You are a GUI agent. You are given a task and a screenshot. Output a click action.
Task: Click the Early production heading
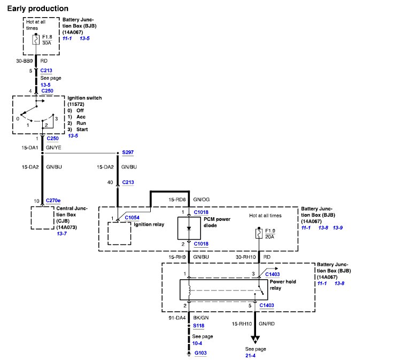click(37, 9)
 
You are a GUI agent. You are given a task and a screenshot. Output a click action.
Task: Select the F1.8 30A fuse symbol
click(36, 40)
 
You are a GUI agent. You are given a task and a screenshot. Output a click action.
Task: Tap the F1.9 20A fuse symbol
click(259, 234)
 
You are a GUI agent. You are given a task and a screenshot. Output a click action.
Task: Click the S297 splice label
click(128, 152)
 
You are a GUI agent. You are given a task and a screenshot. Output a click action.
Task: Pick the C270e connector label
click(53, 201)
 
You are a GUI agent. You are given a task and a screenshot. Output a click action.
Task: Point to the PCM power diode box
click(189, 228)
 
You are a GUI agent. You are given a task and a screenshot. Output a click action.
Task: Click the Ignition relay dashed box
click(119, 234)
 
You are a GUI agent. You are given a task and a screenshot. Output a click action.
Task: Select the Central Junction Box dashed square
click(43, 218)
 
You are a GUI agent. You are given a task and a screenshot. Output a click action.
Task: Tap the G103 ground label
click(200, 353)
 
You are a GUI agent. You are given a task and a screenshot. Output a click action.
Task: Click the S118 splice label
click(199, 326)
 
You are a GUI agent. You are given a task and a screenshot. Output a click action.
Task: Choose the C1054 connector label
click(132, 218)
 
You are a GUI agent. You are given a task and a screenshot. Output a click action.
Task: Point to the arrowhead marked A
click(256, 340)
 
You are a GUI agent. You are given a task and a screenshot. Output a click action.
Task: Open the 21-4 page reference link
click(251, 355)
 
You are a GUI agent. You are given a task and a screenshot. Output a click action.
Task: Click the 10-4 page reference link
click(197, 343)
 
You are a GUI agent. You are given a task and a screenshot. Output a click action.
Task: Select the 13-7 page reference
click(62, 234)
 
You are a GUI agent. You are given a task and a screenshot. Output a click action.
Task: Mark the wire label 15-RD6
click(177, 200)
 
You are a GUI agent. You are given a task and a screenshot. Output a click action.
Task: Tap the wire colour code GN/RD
click(267, 324)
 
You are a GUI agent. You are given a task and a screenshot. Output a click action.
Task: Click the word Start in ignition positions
click(82, 129)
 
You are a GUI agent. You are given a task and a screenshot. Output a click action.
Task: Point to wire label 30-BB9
click(25, 61)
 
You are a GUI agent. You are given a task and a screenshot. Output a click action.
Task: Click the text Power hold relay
click(283, 285)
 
